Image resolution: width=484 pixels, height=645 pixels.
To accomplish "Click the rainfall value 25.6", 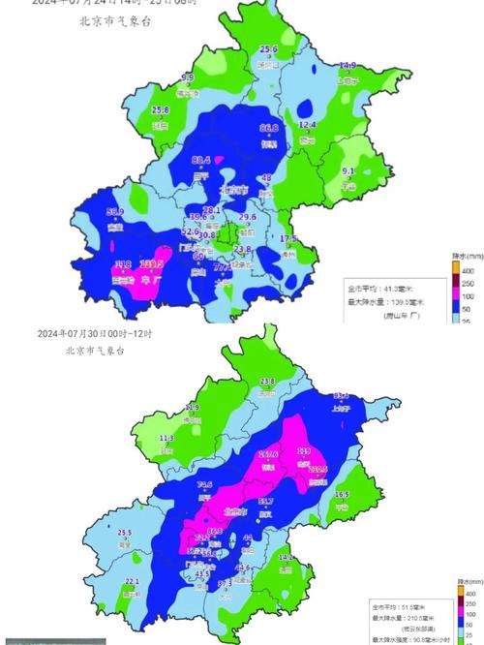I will [268, 49].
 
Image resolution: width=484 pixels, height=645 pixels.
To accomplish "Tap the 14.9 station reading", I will [348, 66].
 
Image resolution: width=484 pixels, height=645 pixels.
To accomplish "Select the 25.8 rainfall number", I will [161, 110].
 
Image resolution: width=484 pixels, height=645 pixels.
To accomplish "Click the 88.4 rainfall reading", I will [201, 160].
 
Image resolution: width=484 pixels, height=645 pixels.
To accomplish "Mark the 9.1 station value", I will [348, 171].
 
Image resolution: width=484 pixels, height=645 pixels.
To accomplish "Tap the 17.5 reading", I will [288, 238].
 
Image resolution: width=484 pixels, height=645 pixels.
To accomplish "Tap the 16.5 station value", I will [342, 494].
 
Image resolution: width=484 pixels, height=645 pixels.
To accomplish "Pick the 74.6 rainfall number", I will [205, 484].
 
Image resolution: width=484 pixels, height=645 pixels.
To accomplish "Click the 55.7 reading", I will [265, 501].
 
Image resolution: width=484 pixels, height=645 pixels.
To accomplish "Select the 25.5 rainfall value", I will [124, 533].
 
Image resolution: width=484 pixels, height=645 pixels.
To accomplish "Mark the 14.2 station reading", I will [286, 558].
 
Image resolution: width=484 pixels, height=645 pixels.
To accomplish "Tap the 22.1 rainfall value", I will [133, 581].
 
